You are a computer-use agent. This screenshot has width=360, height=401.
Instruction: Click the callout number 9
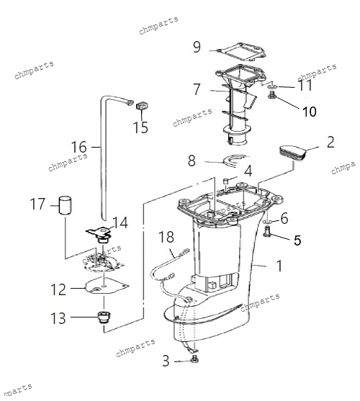[x=197, y=47]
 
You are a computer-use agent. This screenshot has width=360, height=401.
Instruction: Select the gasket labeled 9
[x=242, y=52]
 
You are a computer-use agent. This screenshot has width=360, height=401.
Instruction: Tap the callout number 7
[x=197, y=89]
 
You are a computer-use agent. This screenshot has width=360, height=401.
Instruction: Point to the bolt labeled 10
[x=271, y=96]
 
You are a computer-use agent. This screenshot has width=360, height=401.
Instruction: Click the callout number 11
[x=305, y=85]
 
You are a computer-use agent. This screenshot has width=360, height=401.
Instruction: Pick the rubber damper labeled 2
[x=292, y=153]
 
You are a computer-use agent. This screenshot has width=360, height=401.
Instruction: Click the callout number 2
[x=330, y=142]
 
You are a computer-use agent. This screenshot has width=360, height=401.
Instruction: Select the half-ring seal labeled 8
[x=234, y=161]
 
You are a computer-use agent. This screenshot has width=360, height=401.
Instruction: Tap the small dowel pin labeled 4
[x=226, y=181]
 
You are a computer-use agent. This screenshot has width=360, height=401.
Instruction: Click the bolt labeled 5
[x=266, y=230]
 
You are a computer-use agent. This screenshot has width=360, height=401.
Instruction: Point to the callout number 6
[x=284, y=218]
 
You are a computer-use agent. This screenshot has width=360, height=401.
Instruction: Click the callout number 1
[x=279, y=266]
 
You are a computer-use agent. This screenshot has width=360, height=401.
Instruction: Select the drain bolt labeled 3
[x=195, y=359]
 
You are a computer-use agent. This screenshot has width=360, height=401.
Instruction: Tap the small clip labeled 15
[x=142, y=105]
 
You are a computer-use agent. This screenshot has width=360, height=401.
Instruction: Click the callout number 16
[x=78, y=147]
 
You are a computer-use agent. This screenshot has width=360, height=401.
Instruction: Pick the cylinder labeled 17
[x=65, y=205]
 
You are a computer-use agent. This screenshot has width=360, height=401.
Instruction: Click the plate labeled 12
[x=107, y=286]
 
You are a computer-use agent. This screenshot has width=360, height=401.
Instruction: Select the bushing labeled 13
[x=104, y=317]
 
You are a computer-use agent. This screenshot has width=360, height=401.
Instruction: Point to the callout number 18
[x=166, y=237]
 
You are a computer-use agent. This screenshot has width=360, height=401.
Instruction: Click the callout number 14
[x=120, y=222]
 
